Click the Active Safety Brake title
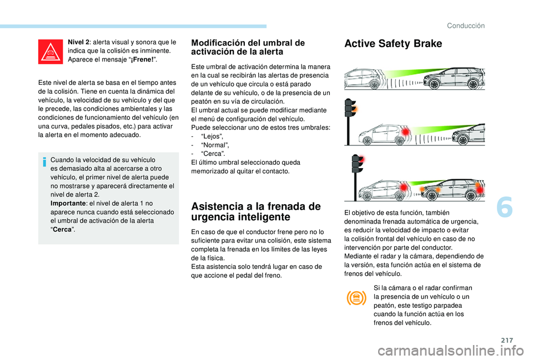[x=393, y=44]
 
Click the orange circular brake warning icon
[x=356, y=298]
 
